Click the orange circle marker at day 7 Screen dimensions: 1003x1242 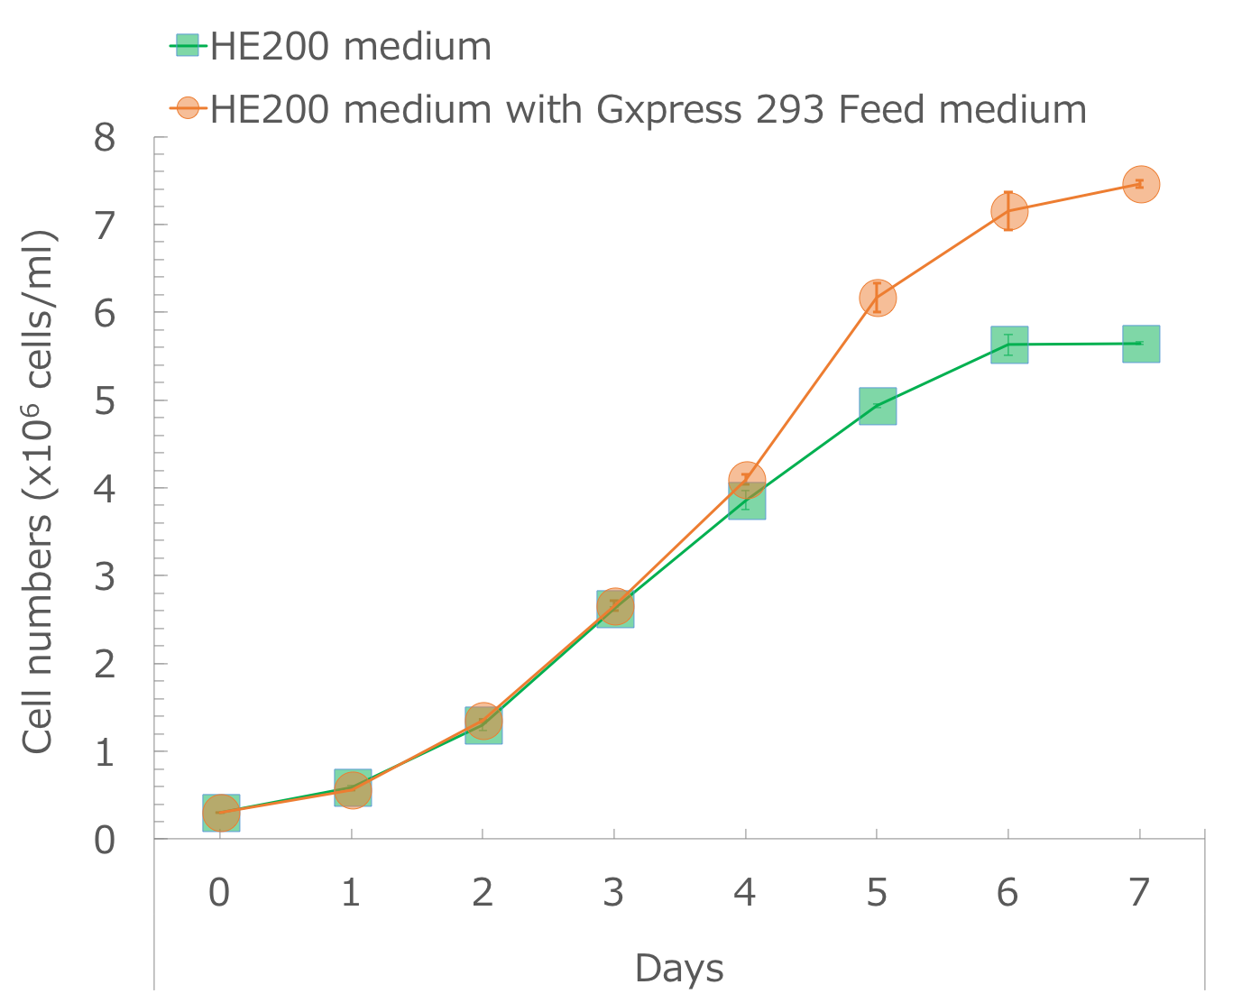coord(1140,184)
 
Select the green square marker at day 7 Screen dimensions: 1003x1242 coord(1140,344)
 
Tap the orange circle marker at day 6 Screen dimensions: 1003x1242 coord(1008,211)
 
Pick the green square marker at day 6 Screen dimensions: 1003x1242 coord(1008,345)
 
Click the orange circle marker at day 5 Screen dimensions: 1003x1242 coord(877,298)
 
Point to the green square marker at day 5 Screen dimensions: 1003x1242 coord(877,406)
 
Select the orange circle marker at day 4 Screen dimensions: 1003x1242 coord(746,479)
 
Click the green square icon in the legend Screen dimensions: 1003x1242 coord(188,45)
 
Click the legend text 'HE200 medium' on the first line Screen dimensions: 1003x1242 coord(351,46)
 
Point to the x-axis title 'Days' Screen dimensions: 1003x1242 coord(678,968)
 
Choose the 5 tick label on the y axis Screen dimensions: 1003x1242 coord(105,400)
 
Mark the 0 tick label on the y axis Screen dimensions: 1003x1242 coord(105,840)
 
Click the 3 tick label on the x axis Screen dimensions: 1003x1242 coord(614,893)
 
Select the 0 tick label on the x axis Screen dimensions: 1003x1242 coord(219,893)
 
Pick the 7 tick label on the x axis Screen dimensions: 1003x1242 coord(1140,893)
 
